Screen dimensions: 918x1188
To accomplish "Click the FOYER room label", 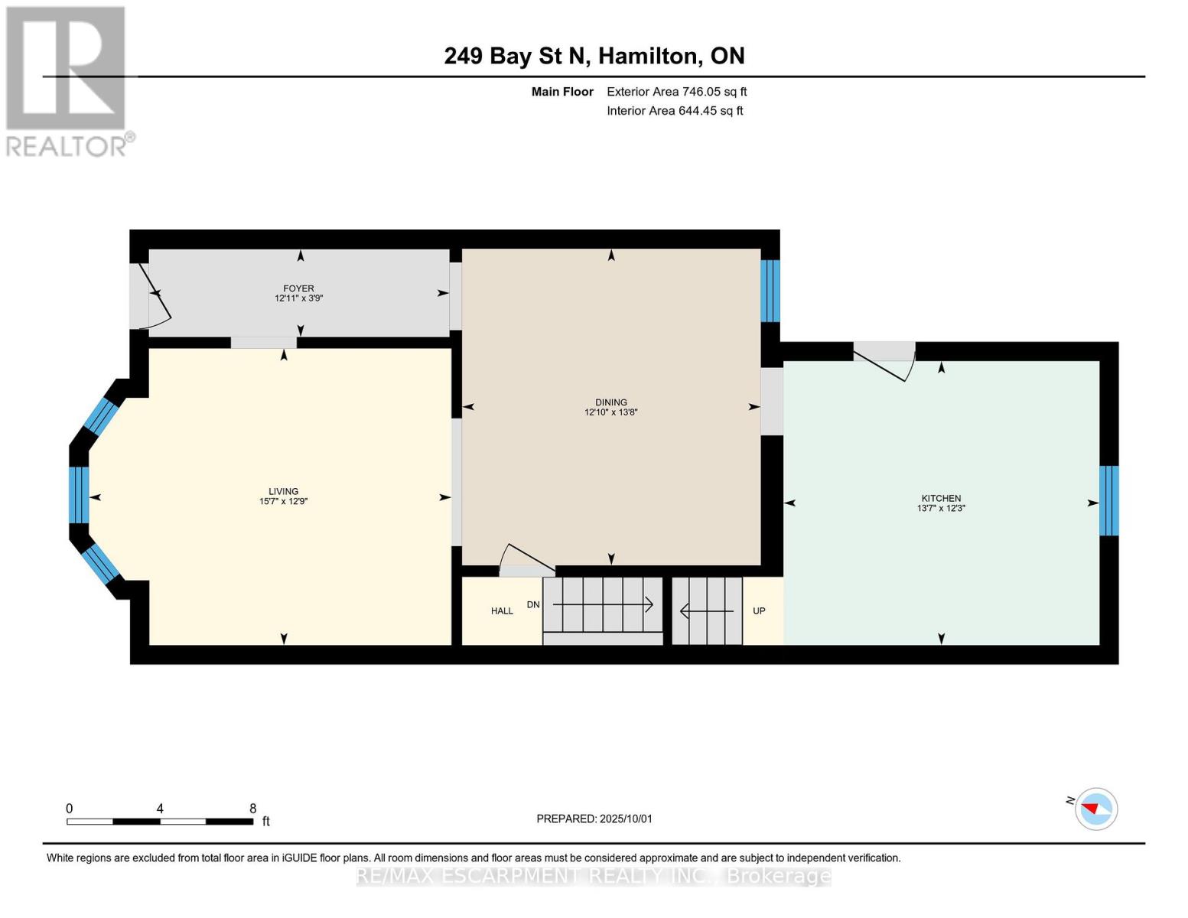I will (298, 288).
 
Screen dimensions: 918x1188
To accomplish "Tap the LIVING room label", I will (283, 491).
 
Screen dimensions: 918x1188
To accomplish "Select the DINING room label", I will (610, 402).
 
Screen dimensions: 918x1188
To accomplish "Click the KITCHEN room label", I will (941, 498).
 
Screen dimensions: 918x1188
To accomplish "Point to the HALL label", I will (502, 610).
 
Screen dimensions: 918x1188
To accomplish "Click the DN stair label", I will (533, 604).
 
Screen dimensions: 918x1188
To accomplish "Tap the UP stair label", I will (759, 610).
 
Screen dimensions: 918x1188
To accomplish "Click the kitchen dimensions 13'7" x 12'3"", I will (941, 508).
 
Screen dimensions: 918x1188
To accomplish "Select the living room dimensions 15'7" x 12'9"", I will (283, 502).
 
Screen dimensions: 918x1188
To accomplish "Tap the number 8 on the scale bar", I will (252, 809).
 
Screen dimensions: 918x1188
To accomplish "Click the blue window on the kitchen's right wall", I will (1108, 501).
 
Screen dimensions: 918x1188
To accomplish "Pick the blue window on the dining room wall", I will (770, 291).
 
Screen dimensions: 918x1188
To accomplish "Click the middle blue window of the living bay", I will (79, 495).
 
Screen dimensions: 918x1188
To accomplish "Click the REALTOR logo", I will (67, 80).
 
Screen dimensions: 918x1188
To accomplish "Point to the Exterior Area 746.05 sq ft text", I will (676, 92).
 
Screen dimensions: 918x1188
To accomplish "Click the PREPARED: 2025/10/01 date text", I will (594, 819).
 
